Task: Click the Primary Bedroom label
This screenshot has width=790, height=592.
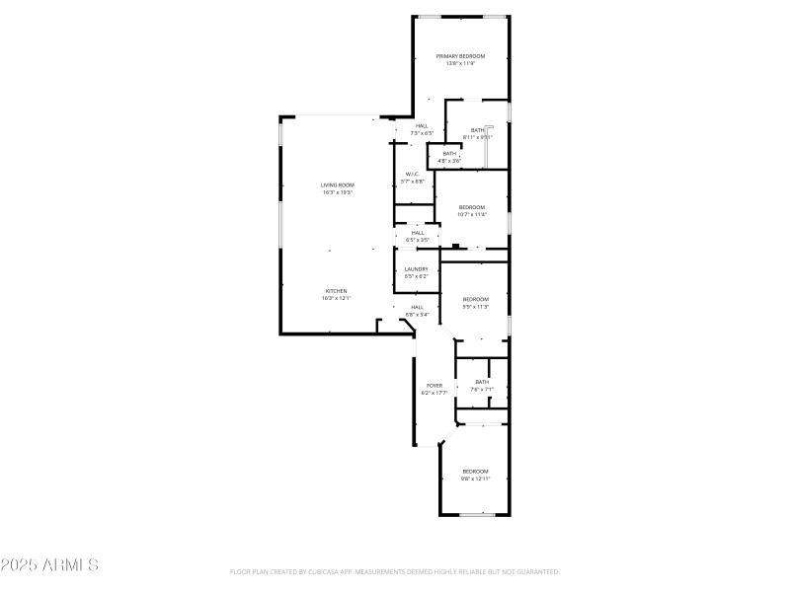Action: click(x=460, y=56)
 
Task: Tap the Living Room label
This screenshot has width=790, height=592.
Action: click(x=337, y=185)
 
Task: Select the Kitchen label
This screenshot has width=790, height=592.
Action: click(x=337, y=290)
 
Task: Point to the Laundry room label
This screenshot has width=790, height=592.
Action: click(x=416, y=268)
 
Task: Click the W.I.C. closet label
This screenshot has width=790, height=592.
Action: click(x=413, y=175)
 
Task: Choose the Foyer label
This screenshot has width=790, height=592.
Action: click(x=434, y=385)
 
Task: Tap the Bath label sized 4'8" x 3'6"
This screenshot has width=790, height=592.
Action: click(x=449, y=153)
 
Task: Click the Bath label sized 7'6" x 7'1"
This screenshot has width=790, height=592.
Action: click(x=482, y=382)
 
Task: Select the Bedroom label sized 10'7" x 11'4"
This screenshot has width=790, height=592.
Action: click(x=472, y=206)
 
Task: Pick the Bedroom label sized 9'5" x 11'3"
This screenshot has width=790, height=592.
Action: click(x=476, y=299)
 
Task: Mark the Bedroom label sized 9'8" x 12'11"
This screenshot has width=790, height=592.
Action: click(x=476, y=472)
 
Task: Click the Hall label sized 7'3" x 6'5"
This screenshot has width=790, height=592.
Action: click(x=422, y=125)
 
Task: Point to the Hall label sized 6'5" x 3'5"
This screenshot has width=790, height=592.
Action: click(x=418, y=233)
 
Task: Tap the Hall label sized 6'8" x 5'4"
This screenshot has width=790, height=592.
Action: click(x=417, y=307)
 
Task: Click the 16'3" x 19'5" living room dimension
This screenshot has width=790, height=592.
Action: click(x=337, y=192)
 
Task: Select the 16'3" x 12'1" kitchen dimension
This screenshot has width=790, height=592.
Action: click(x=337, y=298)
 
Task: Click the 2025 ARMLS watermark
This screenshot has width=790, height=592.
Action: click(x=49, y=565)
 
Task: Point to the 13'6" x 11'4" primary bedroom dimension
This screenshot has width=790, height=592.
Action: click(x=460, y=64)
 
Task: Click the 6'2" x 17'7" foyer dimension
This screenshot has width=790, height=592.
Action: click(x=434, y=393)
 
